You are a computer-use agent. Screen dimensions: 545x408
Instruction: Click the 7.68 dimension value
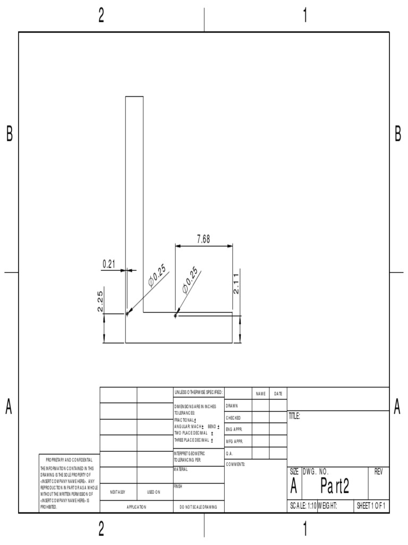point(203,240)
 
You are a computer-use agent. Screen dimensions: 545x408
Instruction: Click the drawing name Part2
point(335,486)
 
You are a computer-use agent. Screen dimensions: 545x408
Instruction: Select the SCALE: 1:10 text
point(303,506)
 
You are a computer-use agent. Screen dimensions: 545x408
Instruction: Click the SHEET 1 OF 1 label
point(371,506)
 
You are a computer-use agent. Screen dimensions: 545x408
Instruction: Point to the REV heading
point(378,472)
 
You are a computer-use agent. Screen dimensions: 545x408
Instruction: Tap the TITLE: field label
point(294,417)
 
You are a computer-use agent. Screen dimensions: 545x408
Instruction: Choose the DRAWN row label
point(232,406)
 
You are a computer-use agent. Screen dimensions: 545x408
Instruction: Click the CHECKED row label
point(233,418)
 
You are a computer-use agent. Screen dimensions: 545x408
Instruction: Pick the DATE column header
point(278,393)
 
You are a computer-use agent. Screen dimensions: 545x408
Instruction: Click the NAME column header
point(260,393)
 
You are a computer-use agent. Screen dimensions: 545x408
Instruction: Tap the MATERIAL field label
point(181,469)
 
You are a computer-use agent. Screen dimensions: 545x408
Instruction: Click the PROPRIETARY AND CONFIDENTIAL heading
point(69,459)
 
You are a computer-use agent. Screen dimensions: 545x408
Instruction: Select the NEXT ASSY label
point(118,492)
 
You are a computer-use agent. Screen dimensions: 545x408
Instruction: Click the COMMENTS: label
point(235,464)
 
